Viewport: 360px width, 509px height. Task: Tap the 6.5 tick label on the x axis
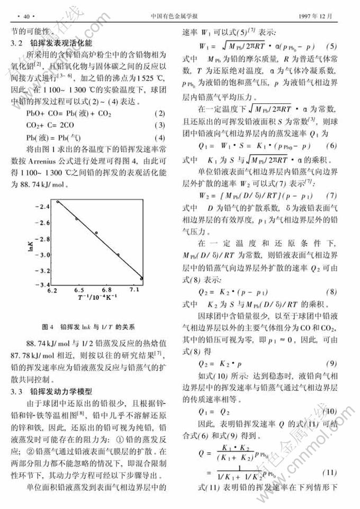click(79, 291)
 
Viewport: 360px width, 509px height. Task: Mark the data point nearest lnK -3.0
click(118, 255)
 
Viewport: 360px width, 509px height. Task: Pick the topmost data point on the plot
click(58, 202)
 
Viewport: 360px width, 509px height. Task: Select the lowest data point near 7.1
click(141, 278)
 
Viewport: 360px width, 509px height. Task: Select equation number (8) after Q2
click(331, 292)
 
